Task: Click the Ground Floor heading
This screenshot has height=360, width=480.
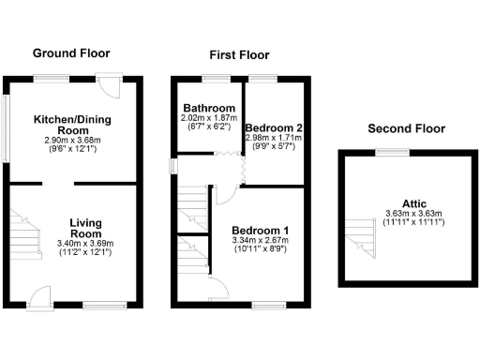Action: pos(71,54)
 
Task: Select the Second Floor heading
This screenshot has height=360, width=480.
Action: pos(404,127)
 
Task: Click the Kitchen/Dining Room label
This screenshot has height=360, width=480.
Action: pos(72,126)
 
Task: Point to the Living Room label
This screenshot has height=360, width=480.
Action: pos(85,229)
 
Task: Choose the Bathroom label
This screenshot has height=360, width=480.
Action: pos(207,108)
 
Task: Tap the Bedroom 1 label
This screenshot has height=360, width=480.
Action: pos(261,231)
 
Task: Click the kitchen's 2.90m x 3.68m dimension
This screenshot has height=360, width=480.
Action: pos(72,141)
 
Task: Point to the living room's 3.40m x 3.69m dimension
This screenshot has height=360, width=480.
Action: pos(85,244)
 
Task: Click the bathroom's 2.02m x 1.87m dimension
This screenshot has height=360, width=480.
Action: pos(207,118)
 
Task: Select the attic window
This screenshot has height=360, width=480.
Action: pos(399,151)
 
